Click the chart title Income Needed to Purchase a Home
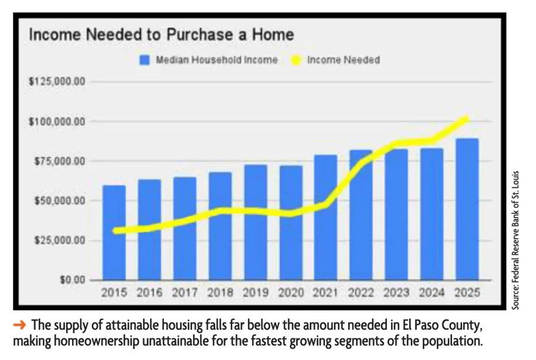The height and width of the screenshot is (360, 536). point(162,35)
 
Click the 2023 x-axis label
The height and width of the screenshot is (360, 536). point(396,293)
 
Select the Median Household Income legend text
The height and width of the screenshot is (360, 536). point(216,60)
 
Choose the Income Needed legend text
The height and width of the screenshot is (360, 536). point(343,60)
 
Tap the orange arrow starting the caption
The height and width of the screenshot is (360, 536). point(20,325)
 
